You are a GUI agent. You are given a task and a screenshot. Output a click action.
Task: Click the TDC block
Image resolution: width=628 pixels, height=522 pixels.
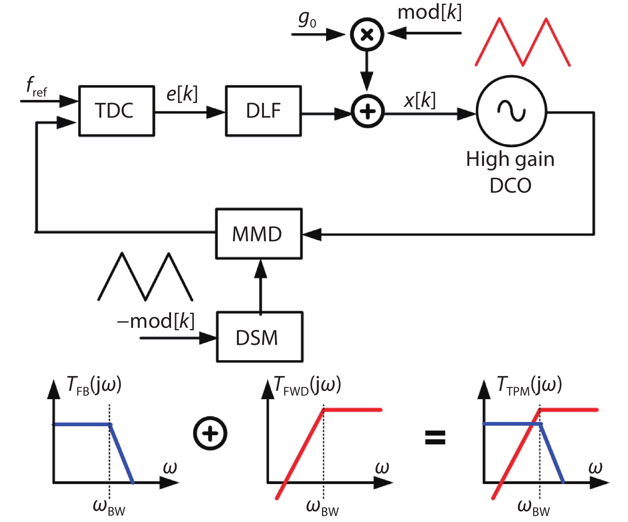click(116, 111)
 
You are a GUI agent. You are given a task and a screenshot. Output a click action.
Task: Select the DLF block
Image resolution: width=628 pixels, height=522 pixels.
click(263, 111)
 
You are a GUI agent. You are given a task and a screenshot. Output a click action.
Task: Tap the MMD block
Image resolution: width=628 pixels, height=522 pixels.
click(258, 234)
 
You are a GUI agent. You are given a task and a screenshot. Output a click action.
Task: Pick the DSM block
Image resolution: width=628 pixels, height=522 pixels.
click(259, 337)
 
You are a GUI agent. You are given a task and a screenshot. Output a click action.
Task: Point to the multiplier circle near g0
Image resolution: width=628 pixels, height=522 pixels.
click(367, 35)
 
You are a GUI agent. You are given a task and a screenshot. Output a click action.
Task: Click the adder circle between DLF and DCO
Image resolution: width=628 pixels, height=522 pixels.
click(367, 112)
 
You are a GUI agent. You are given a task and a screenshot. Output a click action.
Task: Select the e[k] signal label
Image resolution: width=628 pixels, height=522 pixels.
click(182, 94)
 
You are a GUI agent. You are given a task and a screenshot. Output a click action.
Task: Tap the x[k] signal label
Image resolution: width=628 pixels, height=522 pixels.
click(419, 100)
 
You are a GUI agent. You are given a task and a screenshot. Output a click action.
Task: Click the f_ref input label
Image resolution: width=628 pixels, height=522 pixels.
click(36, 87)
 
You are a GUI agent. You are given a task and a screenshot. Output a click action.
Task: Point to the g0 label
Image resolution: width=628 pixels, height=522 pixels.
click(307, 19)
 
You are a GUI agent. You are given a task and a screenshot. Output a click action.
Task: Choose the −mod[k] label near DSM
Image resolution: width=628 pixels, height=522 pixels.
click(156, 321)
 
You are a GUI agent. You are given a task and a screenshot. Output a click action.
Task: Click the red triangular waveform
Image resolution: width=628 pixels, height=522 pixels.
click(522, 42)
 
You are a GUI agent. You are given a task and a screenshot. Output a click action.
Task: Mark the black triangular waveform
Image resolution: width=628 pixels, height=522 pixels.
click(146, 276)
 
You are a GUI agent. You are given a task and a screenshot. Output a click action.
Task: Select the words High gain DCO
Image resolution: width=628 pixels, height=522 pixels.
click(510, 171)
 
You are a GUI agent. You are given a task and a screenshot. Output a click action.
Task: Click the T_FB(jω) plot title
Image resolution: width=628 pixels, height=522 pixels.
click(94, 385)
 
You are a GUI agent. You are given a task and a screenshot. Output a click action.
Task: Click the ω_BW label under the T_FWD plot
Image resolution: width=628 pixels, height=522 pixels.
click(322, 507)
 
